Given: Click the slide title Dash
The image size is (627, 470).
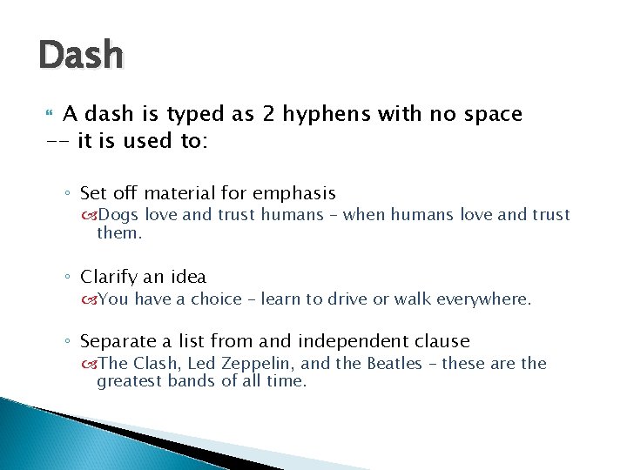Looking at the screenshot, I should [x=81, y=56].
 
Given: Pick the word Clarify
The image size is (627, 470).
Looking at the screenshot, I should [x=110, y=278].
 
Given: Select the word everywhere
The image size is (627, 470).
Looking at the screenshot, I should [x=486, y=299].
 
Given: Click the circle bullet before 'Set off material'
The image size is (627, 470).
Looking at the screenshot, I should [x=70, y=194].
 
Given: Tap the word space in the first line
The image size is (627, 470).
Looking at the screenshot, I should [x=492, y=115].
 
